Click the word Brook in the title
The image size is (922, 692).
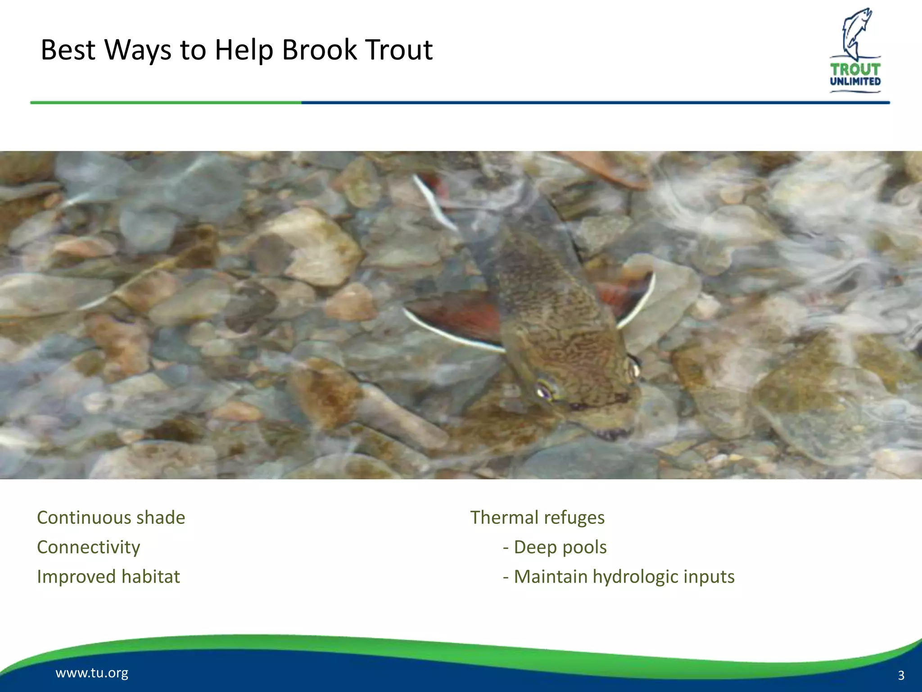tap(319, 50)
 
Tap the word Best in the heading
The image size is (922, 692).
tap(68, 50)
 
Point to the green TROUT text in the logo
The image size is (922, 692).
tap(855, 69)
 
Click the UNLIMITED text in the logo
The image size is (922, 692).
tap(855, 82)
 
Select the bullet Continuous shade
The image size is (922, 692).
tap(111, 518)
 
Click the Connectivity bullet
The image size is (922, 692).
tap(88, 547)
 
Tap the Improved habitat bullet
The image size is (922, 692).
tap(108, 577)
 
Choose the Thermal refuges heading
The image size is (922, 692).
tap(537, 518)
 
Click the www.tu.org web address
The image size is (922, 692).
tap(92, 673)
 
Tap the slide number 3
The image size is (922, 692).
tap(901, 675)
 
